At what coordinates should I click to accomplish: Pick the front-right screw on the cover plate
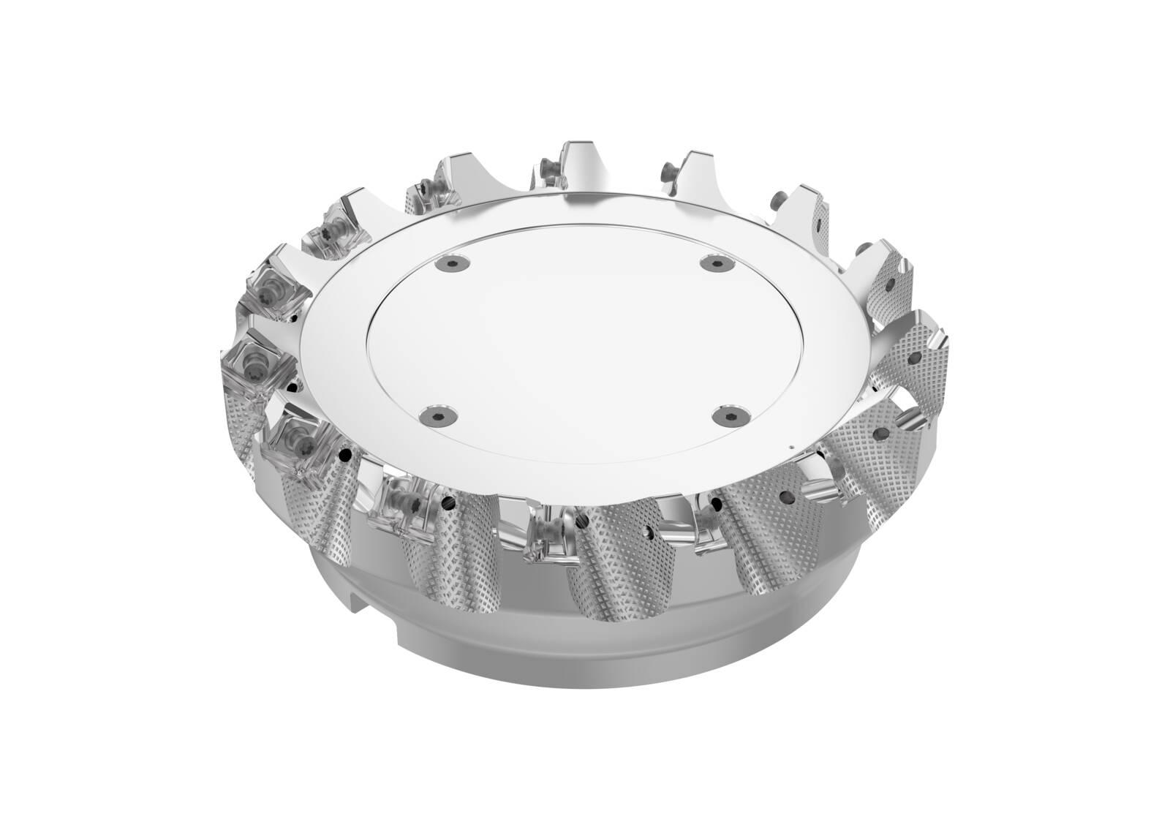727,414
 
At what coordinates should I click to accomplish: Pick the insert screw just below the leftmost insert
296,437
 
